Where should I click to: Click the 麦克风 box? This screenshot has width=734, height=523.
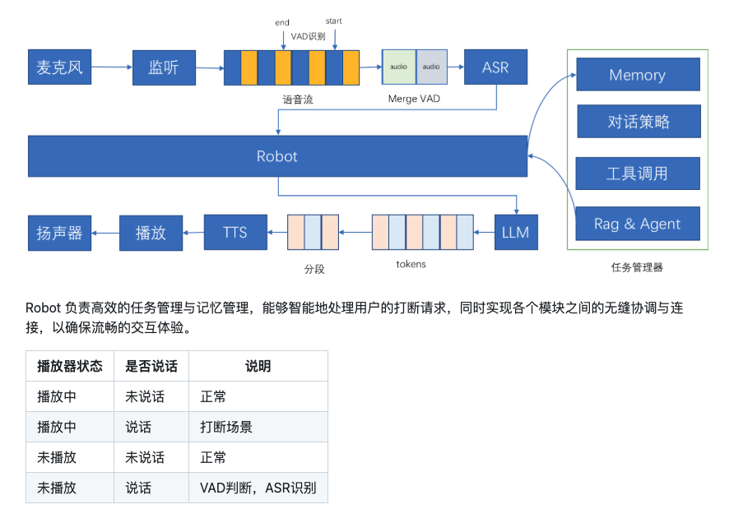[60, 67]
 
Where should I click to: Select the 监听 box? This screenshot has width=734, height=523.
[164, 67]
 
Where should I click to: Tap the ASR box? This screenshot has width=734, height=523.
[495, 67]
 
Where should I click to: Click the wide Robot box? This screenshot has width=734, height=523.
[277, 156]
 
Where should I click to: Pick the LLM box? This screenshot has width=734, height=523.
[516, 233]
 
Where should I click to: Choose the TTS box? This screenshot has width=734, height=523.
[235, 233]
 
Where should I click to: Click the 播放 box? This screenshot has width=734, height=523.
[151, 233]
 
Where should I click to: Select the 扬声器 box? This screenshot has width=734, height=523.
[60, 233]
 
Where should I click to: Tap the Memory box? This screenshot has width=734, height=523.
[637, 75]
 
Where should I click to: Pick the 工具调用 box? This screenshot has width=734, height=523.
[637, 174]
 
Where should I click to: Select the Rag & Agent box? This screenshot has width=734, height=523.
[637, 224]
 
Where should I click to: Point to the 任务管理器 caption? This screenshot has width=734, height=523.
[637, 267]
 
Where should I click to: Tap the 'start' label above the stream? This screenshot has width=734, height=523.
[334, 21]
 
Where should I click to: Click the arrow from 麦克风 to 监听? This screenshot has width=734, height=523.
[112, 68]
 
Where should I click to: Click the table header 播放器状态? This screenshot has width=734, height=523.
[70, 366]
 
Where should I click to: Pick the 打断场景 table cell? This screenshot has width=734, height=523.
[226, 427]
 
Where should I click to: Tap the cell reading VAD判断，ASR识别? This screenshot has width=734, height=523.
[258, 488]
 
